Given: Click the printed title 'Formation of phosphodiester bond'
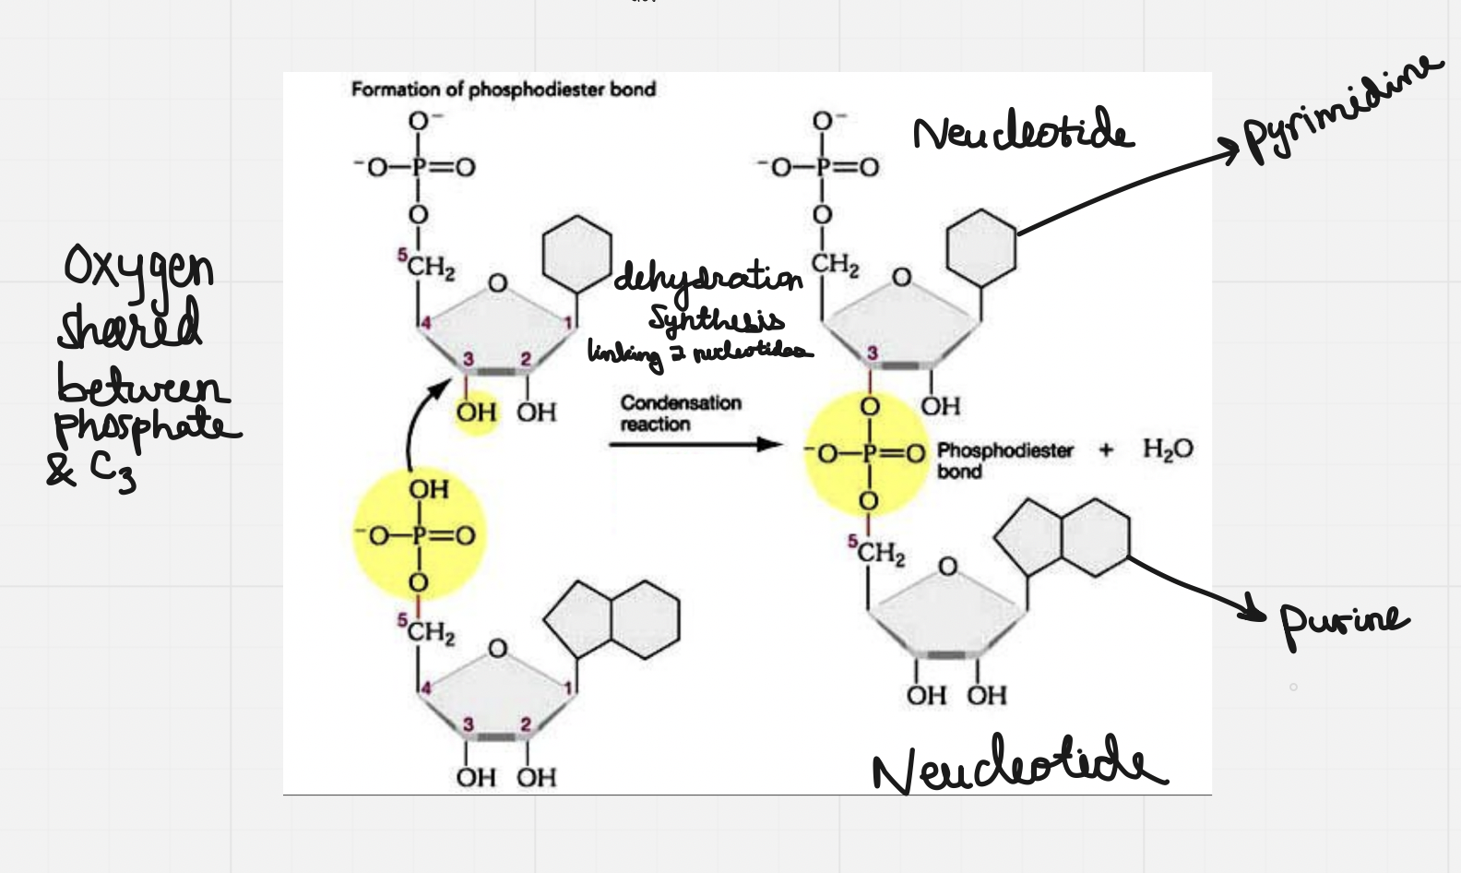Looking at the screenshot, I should (x=503, y=90).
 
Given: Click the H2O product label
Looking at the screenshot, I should (x=1167, y=449).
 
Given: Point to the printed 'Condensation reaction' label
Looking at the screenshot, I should (x=681, y=413).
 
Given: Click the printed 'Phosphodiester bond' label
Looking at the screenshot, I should (x=1004, y=460).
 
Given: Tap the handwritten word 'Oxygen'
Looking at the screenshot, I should (x=138, y=269).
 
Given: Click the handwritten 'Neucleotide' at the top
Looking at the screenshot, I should (x=1022, y=133).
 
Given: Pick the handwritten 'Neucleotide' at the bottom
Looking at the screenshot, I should (x=1019, y=765).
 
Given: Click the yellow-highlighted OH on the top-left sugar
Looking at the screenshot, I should (x=476, y=412).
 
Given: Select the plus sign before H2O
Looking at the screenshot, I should (x=1106, y=449).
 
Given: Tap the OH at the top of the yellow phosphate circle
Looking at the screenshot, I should (x=429, y=488).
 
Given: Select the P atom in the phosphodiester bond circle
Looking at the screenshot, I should (x=868, y=453).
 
